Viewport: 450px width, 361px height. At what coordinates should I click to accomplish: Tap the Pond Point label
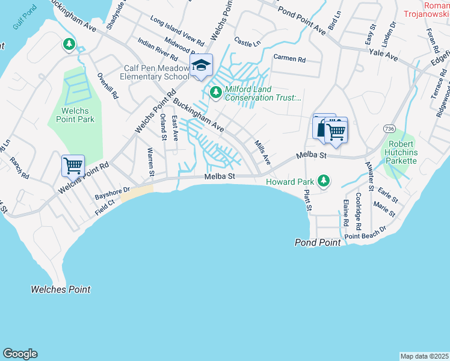pyautogui.click(x=318, y=242)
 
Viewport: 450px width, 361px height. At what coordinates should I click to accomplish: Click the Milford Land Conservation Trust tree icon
pyautogui.click(x=215, y=92)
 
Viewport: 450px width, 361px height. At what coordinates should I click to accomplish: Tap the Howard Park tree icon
pyautogui.click(x=324, y=180)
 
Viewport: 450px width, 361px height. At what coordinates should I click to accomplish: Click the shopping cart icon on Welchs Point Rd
pyautogui.click(x=73, y=165)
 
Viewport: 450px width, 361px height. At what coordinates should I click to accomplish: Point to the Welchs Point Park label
pyautogui.click(x=78, y=115)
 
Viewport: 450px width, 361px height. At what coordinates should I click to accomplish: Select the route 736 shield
pyautogui.click(x=389, y=129)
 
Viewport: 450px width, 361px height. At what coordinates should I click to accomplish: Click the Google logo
pyautogui.click(x=20, y=354)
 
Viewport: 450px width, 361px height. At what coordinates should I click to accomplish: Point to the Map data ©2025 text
pyautogui.click(x=424, y=356)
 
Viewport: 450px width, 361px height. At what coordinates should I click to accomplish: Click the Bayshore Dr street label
pyautogui.click(x=112, y=193)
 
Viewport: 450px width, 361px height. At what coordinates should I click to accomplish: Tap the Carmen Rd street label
pyautogui.click(x=289, y=59)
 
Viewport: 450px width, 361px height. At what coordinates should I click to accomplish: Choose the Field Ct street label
pyautogui.click(x=103, y=208)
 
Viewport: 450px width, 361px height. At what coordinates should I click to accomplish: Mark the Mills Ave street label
pyautogui.click(x=262, y=153)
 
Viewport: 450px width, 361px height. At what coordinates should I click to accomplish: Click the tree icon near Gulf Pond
pyautogui.click(x=69, y=44)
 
